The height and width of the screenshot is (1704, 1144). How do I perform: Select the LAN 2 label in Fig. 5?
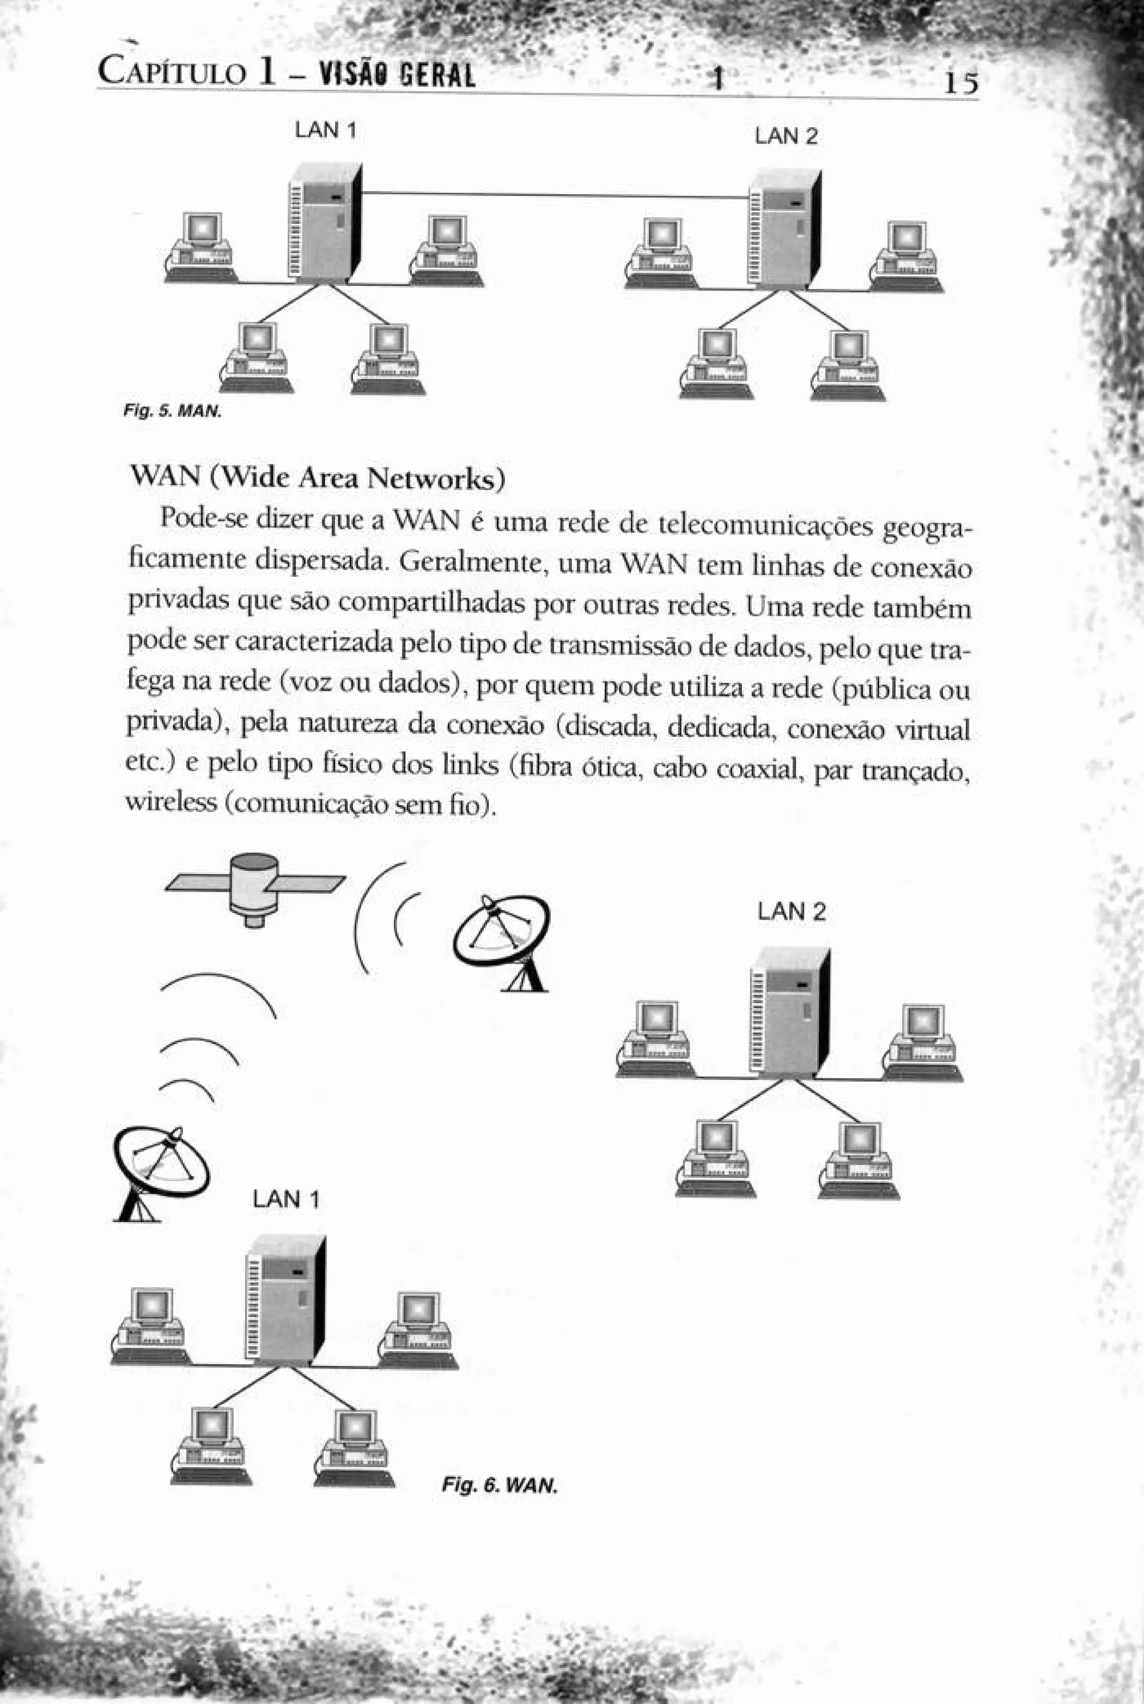tap(786, 136)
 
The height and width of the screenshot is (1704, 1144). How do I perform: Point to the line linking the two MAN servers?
tap(555, 195)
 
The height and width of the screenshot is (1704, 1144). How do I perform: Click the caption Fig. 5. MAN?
tap(171, 412)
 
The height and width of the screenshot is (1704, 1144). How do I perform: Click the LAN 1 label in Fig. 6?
tap(286, 1199)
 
